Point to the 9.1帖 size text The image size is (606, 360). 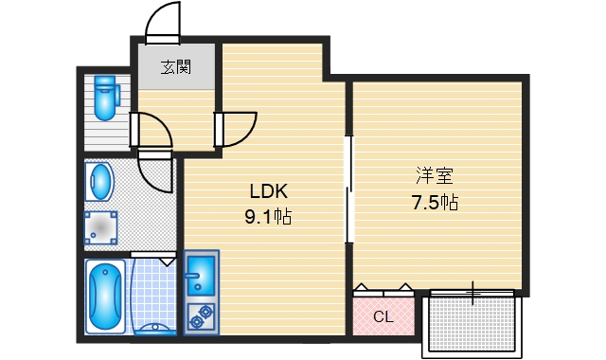point(268,217)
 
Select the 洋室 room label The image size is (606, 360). point(435,175)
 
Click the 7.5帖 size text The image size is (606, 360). point(435,202)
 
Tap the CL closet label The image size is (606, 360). point(383,317)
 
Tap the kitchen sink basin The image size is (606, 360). point(200,276)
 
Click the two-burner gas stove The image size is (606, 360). point(201,316)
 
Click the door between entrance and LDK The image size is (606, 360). point(238,128)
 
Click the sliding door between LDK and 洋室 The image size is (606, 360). point(348,189)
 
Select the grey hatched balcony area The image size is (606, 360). point(471,323)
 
